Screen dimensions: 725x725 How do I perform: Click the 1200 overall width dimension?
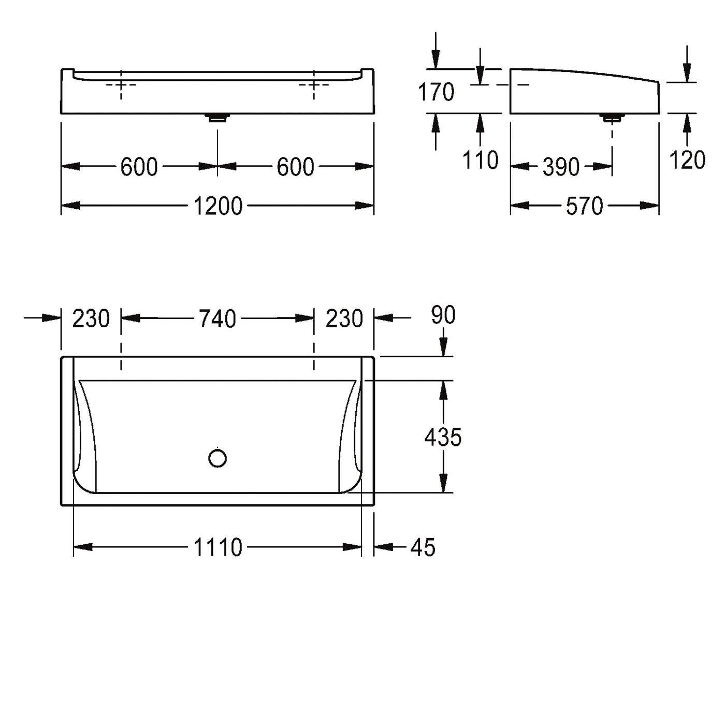[x=218, y=206]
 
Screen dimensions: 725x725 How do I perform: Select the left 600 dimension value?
[x=139, y=167]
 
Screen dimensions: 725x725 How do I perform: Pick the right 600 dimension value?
[x=295, y=167]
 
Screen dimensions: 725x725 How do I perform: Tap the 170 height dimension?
[x=436, y=92]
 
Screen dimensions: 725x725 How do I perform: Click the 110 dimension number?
[x=480, y=160]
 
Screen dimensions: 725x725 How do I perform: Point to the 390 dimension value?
[x=561, y=167]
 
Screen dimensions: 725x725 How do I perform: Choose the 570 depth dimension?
[x=584, y=206]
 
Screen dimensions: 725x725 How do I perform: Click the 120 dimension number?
[x=687, y=160]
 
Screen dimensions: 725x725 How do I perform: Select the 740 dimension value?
[x=217, y=318]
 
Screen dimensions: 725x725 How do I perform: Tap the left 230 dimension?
[x=91, y=318]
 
